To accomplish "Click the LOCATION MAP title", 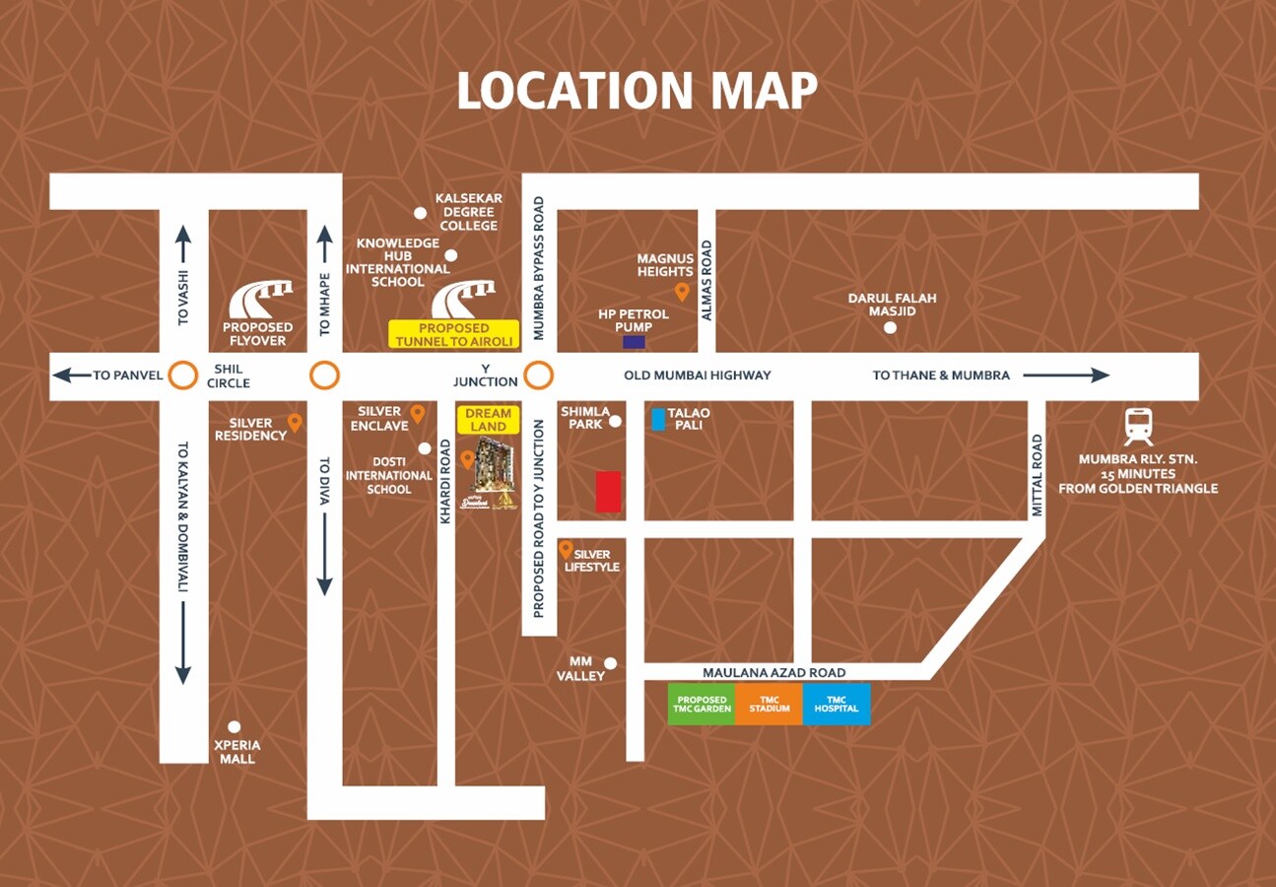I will click(638, 91).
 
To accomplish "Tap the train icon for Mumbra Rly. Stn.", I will click(1138, 427).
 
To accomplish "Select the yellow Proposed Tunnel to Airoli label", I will click(454, 334).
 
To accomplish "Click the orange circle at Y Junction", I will click(538, 375).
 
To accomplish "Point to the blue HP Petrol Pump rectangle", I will click(634, 342).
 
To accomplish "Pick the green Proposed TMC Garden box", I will click(702, 705).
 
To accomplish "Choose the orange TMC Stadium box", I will click(769, 705).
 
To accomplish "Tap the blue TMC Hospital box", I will click(837, 705).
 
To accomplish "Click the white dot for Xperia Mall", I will click(234, 727).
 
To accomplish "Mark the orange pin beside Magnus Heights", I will click(681, 292).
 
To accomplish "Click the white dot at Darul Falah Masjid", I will click(890, 328).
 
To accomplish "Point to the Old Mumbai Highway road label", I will click(698, 375).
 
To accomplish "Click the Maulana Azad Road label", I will click(773, 672).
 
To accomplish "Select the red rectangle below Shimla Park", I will click(608, 492).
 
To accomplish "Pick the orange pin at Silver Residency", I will click(295, 423).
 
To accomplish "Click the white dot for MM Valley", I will click(611, 663).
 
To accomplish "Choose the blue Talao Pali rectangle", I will click(658, 419).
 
